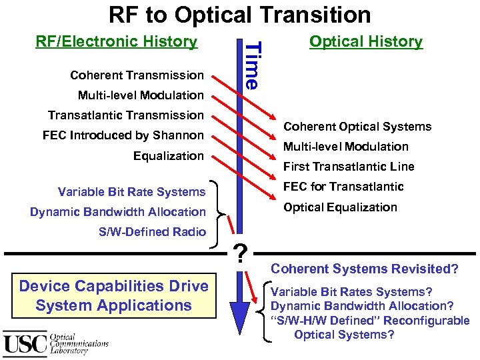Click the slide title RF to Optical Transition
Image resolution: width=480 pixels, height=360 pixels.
pyautogui.click(x=239, y=14)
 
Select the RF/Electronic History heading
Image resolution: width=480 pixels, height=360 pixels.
pyautogui.click(x=116, y=41)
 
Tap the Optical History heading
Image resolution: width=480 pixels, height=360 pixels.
pyautogui.click(x=365, y=41)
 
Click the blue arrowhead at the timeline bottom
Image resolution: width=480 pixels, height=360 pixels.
pyautogui.click(x=239, y=313)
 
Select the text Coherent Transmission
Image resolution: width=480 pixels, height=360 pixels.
pyautogui.click(x=137, y=75)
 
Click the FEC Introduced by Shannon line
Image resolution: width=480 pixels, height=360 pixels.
pyautogui.click(x=123, y=135)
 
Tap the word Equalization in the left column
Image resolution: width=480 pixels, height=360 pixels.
pyautogui.click(x=168, y=156)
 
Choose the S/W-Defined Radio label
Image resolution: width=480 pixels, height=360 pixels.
pyautogui.click(x=152, y=231)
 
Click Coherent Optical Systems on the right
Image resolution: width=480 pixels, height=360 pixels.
pyautogui.click(x=357, y=127)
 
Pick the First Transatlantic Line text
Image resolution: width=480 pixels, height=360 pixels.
pyautogui.click(x=349, y=167)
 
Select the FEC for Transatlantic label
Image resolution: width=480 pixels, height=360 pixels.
pyautogui.click(x=343, y=187)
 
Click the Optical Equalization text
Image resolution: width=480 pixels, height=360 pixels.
pyautogui.click(x=340, y=207)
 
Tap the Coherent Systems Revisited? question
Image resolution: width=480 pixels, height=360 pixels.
pyautogui.click(x=364, y=269)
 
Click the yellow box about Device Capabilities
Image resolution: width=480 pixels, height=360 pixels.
pyautogui.click(x=113, y=296)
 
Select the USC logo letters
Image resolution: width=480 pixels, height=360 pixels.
pyautogui.click(x=25, y=343)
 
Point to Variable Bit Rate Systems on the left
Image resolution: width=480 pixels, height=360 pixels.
pyautogui.click(x=131, y=192)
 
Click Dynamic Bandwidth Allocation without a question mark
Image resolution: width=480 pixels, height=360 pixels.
pyautogui.click(x=118, y=212)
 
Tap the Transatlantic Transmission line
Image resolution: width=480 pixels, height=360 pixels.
pyautogui.click(x=125, y=115)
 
